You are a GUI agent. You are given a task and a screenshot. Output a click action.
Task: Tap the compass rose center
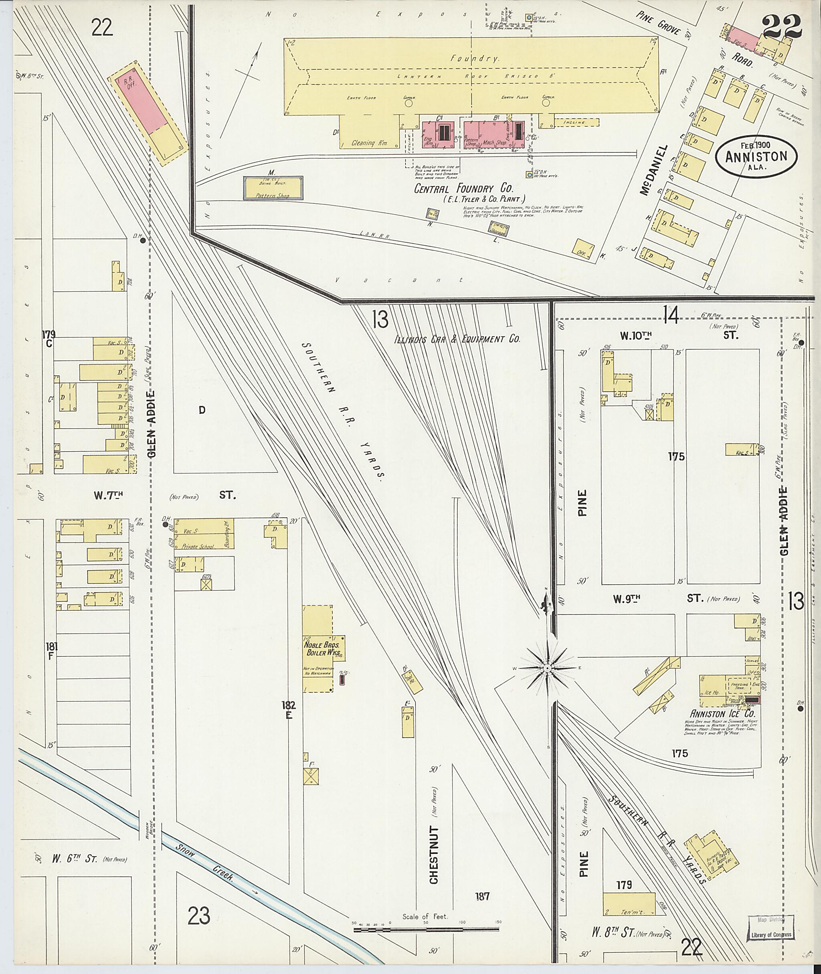[x=548, y=668]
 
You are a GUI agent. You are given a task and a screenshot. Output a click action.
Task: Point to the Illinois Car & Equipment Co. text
[x=457, y=339]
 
